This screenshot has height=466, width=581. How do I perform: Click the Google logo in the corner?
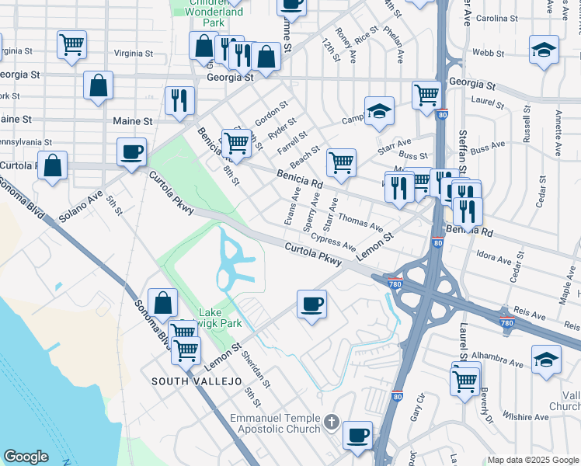click(x=26, y=457)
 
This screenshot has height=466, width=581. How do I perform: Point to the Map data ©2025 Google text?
click(x=533, y=460)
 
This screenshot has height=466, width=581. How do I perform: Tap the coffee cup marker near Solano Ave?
click(x=132, y=151)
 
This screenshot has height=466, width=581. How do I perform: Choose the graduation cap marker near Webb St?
click(x=544, y=50)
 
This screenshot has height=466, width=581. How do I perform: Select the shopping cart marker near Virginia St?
click(x=71, y=44)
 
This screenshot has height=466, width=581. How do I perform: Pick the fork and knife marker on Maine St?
click(x=179, y=99)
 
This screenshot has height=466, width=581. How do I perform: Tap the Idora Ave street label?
click(x=498, y=256)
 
